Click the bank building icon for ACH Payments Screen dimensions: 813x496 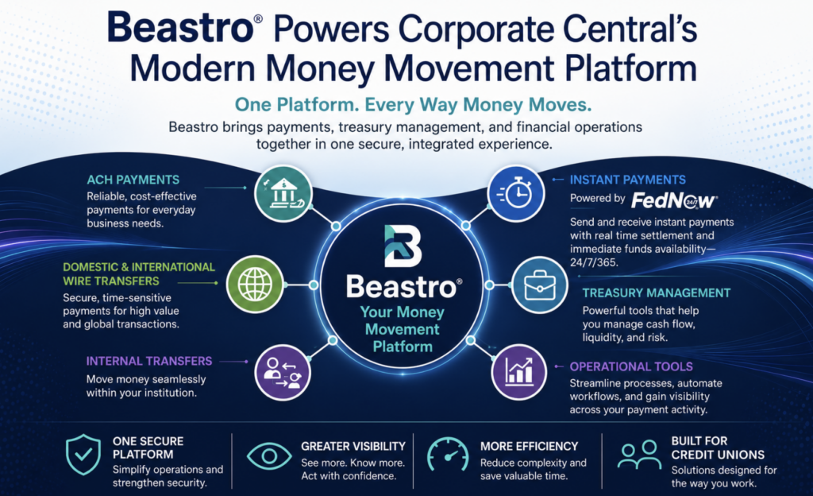tap(283, 193)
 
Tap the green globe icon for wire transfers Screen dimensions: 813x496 tap(255, 285)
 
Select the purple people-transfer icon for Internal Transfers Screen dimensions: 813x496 tap(283, 373)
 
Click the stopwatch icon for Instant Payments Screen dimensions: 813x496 tap(516, 193)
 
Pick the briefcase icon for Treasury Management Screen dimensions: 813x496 tap(540, 285)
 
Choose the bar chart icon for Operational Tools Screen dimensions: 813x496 tap(519, 371)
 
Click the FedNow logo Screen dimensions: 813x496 tap(674, 200)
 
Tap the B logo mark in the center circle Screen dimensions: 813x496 tap(403, 246)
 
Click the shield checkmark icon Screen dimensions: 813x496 tap(83, 455)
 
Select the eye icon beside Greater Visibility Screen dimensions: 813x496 tap(269, 456)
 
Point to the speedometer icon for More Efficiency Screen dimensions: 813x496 tap(448, 455)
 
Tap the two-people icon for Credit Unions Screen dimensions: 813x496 tap(639, 455)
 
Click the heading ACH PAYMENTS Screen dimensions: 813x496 tap(133, 180)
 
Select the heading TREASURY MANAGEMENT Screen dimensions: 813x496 tap(657, 293)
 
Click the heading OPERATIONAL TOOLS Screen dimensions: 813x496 tap(631, 366)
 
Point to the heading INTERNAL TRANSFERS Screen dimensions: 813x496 tap(149, 361)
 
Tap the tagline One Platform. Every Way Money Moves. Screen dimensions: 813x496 tap(413, 104)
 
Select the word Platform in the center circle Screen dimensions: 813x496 tap(403, 347)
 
